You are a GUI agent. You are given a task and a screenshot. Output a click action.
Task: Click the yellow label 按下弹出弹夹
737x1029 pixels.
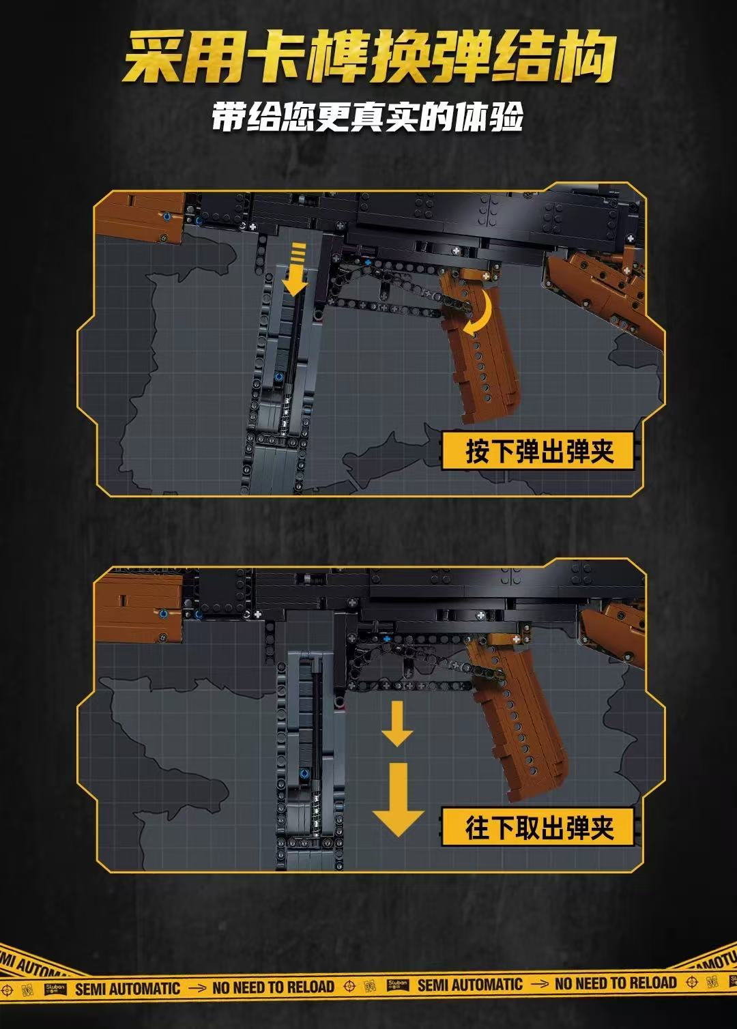pyautogui.click(x=539, y=451)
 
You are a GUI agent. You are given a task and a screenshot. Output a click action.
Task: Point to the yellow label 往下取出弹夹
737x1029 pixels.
pyautogui.click(x=539, y=828)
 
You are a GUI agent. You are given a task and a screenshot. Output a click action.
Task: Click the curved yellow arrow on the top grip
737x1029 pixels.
pyautogui.click(x=480, y=313)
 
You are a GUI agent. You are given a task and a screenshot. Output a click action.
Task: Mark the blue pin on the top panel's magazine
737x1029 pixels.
pyautogui.click(x=278, y=378)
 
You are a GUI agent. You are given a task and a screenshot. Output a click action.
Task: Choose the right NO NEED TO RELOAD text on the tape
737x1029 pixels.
pyautogui.click(x=616, y=983)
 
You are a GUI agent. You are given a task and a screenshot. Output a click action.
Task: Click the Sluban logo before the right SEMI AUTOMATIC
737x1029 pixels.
pyautogui.click(x=398, y=985)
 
